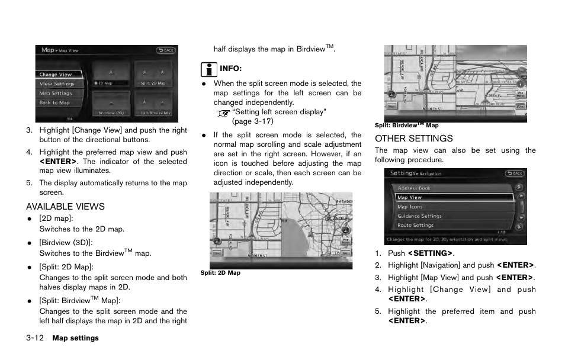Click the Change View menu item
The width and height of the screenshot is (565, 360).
click(x=56, y=75)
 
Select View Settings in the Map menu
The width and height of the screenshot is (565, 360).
click(x=57, y=84)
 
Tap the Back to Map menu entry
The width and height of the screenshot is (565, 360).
click(x=54, y=102)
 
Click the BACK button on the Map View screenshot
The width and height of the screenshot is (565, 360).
click(x=166, y=51)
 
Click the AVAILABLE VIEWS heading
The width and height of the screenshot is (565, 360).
click(x=65, y=207)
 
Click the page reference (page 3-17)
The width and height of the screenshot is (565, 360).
click(x=253, y=121)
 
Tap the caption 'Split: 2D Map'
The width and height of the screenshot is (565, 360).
click(x=220, y=273)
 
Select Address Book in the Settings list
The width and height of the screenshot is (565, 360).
click(x=415, y=188)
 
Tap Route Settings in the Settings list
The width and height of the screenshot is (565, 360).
click(x=415, y=225)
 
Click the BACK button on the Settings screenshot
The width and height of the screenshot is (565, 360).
click(x=515, y=173)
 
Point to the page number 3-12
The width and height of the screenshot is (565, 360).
click(x=36, y=338)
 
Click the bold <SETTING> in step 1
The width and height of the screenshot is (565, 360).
click(x=431, y=253)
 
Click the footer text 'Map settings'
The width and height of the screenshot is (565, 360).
click(x=75, y=338)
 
